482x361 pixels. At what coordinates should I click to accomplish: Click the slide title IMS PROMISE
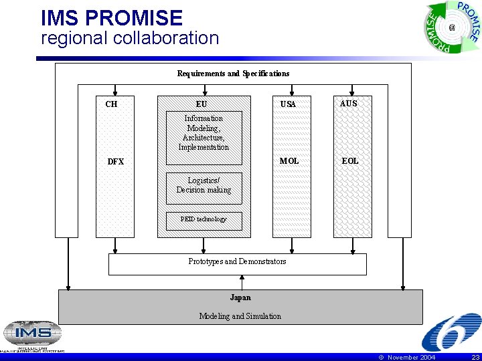coord(112,17)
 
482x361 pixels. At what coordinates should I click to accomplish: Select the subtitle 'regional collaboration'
coord(130,38)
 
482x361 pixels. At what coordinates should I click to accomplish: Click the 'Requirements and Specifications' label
coord(233,73)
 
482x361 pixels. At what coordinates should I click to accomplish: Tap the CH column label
coord(111,104)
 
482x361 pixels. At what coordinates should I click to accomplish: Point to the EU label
coord(202,104)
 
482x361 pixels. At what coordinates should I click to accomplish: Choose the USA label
coord(288,104)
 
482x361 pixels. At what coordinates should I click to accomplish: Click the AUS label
coord(349,104)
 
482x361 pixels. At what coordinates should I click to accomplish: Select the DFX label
coord(116,161)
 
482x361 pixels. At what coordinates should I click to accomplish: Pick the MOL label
coord(289,161)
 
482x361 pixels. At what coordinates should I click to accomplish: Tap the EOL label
coord(350,161)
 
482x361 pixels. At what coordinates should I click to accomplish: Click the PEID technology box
coord(204,220)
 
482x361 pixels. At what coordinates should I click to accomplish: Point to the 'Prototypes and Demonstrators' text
coord(237,261)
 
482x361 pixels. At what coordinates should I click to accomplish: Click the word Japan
coord(240,297)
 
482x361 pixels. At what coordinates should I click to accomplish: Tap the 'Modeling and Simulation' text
coord(240,316)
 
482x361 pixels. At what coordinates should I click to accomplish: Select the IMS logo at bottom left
coord(32,335)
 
